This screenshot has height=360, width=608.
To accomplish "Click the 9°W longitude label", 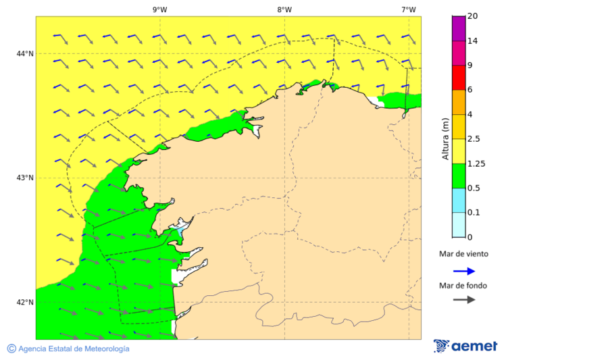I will click(159, 9).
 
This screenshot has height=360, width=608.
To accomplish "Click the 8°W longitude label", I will click(284, 9).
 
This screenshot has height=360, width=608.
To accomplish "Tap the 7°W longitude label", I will click(408, 9).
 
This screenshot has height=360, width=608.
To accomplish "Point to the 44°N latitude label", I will click(25, 53).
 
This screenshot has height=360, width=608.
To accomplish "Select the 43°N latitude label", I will click(25, 178).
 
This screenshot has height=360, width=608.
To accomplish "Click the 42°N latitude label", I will click(25, 302).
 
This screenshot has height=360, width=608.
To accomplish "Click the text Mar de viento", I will click(463, 255).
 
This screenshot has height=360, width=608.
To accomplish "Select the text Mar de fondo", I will click(463, 285).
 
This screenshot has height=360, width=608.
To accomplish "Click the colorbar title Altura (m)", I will click(445, 138).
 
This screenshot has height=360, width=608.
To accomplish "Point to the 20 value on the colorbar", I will click(473, 16).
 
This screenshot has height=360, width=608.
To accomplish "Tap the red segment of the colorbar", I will click(458, 78).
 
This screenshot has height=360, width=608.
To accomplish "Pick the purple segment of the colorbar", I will click(458, 28).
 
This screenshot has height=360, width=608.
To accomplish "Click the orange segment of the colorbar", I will click(458, 102).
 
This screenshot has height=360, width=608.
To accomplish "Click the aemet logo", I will click(465, 346).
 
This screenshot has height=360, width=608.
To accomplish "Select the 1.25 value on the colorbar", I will click(477, 163).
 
